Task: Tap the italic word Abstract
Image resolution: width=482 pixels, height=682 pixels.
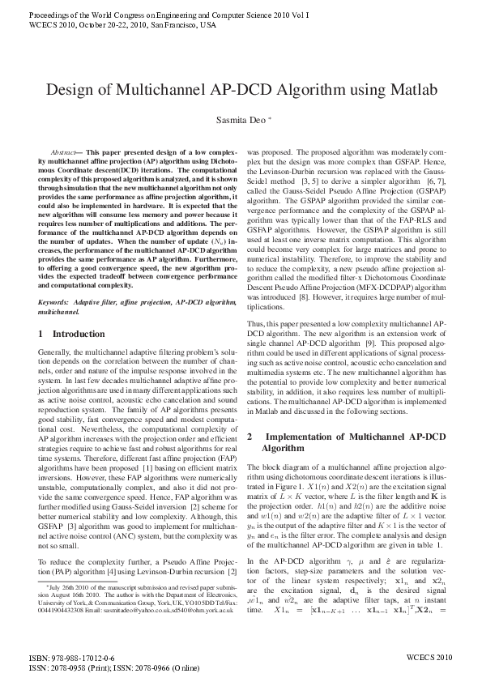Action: point(64,152)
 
